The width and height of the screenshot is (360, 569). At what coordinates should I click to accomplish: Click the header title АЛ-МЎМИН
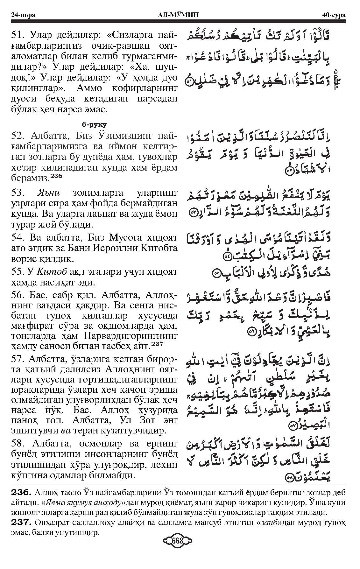pyautogui.click(x=180, y=15)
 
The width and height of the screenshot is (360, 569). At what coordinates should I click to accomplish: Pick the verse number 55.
pyautogui.click(x=17, y=272)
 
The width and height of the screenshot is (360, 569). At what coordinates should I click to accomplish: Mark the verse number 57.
pyautogui.click(x=17, y=359)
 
